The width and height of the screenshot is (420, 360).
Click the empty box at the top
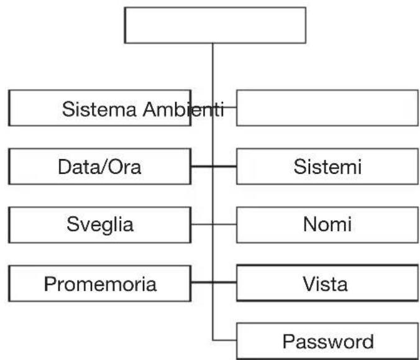[x=215, y=25]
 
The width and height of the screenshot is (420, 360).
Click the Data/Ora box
[x=99, y=167]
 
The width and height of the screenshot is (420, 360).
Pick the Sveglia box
[x=99, y=224]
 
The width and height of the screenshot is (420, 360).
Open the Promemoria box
[x=99, y=284]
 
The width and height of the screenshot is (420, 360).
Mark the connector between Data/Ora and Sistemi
[x=214, y=167]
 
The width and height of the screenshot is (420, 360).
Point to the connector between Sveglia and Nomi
[x=214, y=224]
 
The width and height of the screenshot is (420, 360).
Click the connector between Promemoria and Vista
[x=214, y=284]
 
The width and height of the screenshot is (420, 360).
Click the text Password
[x=328, y=341]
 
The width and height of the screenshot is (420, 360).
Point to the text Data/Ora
[x=99, y=167]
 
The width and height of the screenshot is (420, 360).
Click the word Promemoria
[x=100, y=284]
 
